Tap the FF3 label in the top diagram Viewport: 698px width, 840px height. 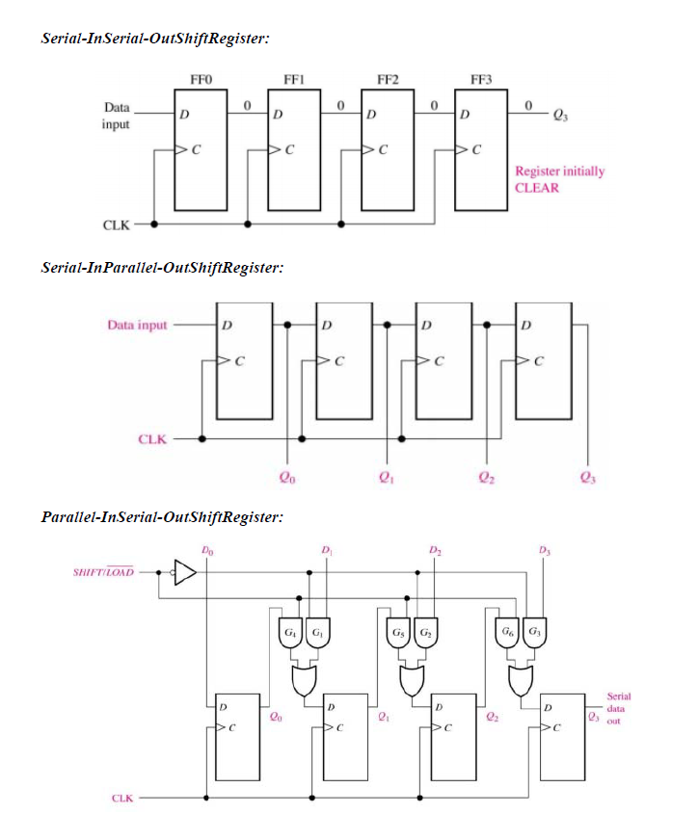click(481, 79)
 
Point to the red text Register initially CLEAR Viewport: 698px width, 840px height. click(559, 179)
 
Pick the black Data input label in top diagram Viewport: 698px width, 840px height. click(116, 116)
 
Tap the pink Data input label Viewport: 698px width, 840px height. click(137, 326)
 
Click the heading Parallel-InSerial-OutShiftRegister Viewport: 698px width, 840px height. click(162, 517)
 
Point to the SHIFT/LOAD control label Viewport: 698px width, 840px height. click(103, 573)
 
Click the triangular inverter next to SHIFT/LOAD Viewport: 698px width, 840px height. click(184, 572)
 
